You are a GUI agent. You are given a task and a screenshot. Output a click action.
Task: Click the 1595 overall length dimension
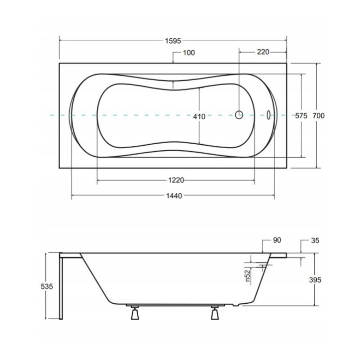[173, 41]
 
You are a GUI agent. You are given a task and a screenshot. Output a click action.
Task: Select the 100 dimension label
[189, 53]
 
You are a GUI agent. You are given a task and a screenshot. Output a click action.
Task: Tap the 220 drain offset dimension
[263, 52]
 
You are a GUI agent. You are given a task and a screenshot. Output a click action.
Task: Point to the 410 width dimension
[199, 117]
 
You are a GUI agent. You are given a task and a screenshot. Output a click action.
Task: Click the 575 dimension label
[301, 116]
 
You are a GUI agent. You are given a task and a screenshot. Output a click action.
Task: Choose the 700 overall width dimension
[318, 116]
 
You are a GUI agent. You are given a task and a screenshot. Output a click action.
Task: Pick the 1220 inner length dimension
[176, 180]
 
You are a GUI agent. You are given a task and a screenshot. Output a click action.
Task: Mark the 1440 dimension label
[174, 196]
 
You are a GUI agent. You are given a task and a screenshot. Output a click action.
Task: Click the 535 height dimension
[47, 286]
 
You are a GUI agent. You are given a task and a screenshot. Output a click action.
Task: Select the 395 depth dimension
[315, 280]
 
